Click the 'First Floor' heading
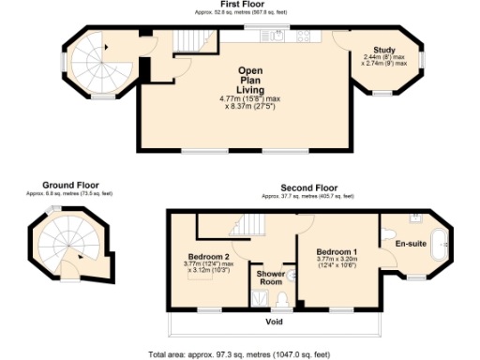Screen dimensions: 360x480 (x=239, y=5)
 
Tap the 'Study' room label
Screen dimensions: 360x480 (x=383, y=50)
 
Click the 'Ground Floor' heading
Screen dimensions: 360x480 (x=70, y=186)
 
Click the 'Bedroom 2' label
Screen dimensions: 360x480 (x=208, y=256)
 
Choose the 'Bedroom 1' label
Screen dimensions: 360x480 (x=335, y=253)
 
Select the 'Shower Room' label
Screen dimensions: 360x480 (x=271, y=277)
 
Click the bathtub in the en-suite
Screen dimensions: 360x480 (x=440, y=246)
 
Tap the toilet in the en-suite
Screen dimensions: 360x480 (x=391, y=228)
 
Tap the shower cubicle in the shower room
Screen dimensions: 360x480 (x=259, y=298)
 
